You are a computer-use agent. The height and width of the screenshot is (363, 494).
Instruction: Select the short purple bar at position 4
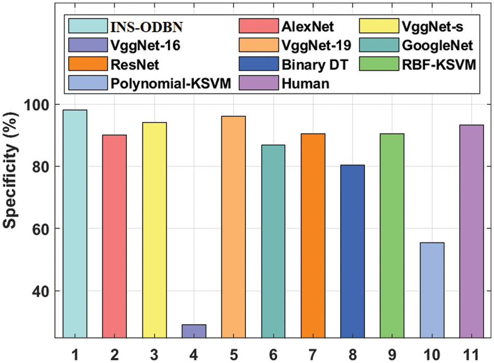click(193, 331)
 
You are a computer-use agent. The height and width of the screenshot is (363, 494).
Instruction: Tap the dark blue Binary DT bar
click(352, 252)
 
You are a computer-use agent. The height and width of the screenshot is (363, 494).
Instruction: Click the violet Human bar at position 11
click(471, 232)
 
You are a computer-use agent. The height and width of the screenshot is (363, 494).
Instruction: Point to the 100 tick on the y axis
click(35, 104)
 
